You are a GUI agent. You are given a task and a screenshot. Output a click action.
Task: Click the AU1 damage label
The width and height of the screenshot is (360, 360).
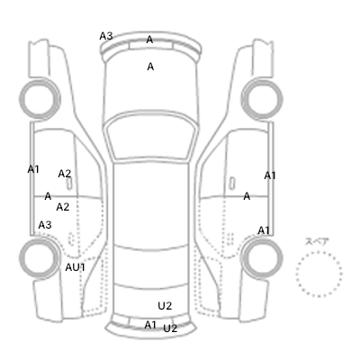[x=76, y=267]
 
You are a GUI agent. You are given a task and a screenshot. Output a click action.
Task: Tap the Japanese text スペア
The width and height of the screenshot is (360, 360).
[x=317, y=242]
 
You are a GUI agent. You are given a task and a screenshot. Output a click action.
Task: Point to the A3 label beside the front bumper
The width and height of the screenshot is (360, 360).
[x=106, y=36]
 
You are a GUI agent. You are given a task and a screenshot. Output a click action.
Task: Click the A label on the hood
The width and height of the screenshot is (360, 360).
[x=150, y=67]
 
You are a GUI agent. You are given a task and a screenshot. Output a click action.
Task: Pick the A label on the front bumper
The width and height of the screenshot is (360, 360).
[x=149, y=40]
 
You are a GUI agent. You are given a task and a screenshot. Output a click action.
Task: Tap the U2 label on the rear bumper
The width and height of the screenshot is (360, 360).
[x=170, y=328]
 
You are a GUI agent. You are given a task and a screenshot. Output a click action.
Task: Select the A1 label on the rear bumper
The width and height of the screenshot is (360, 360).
[x=150, y=325]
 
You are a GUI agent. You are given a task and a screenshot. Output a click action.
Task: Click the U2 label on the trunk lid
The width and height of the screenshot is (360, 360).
[x=165, y=306]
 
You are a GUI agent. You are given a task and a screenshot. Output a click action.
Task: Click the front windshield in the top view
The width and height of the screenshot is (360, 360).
[x=150, y=135]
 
